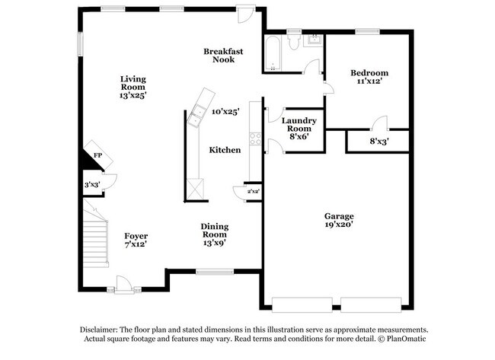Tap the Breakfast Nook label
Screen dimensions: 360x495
click(x=223, y=56)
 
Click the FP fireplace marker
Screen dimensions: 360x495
click(x=97, y=155)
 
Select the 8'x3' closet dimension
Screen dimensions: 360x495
click(x=378, y=141)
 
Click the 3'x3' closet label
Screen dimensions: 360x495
click(x=91, y=184)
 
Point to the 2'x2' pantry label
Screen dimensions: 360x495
click(x=254, y=192)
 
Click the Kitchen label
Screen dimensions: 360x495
click(x=225, y=151)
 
